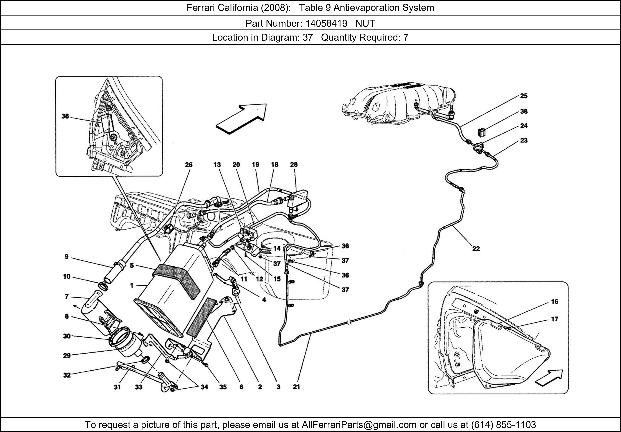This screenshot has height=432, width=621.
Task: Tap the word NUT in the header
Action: click(365, 24)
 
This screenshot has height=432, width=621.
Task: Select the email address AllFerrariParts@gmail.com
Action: click(359, 425)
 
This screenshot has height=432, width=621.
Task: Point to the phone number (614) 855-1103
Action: click(503, 425)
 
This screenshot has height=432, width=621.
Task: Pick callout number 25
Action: click(524, 96)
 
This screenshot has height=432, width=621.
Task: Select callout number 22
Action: click(476, 248)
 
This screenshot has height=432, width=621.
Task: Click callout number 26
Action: click(188, 165)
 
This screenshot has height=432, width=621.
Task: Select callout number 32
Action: click(67, 375)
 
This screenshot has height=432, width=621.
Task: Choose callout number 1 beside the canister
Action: click(132, 285)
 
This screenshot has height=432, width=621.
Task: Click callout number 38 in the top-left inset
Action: click(65, 116)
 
